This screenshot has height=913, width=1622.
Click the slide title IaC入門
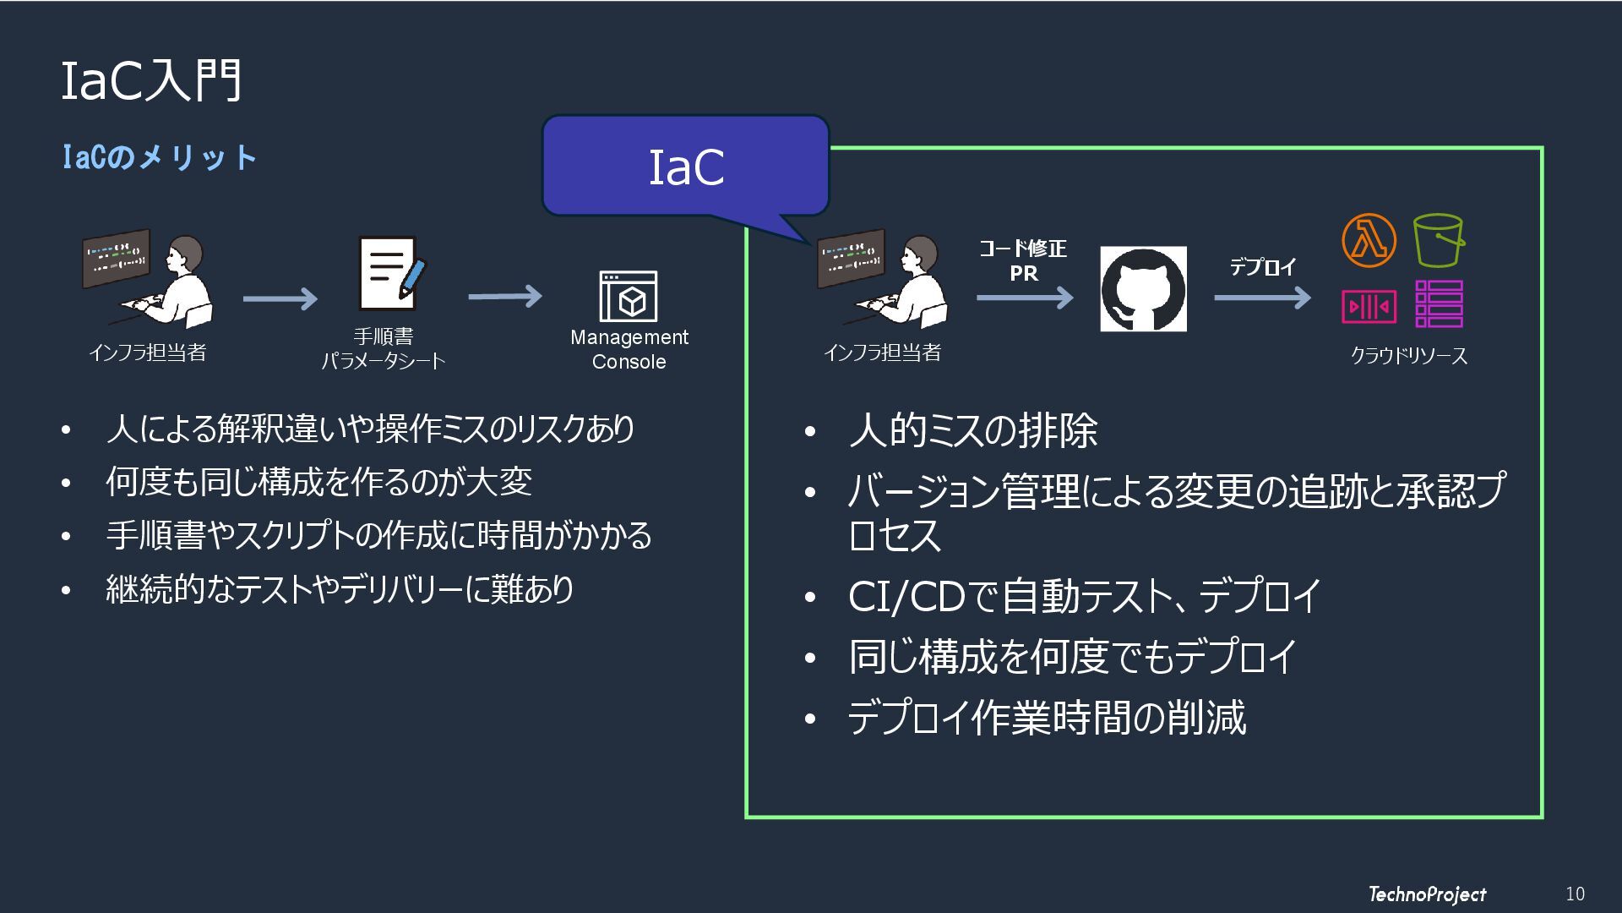152,82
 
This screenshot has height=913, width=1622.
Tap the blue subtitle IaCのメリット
160,157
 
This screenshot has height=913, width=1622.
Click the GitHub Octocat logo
1143,289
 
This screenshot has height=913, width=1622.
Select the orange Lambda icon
1369,240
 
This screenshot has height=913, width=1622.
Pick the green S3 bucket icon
1439,240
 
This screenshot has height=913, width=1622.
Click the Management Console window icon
629,297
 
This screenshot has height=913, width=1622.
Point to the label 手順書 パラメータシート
384,349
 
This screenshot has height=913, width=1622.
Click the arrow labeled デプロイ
1262,298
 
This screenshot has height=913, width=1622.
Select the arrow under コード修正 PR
1025,298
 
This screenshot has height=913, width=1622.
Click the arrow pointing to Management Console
505,297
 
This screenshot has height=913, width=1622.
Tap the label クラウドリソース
1408,356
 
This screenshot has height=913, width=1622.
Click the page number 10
1575,894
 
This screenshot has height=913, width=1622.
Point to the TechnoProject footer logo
1427,894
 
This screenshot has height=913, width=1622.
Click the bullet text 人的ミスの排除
973,430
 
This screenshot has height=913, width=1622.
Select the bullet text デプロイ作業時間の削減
1047,718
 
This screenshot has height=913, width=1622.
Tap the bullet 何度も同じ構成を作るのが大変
319,482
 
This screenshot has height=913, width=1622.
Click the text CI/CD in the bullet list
906,597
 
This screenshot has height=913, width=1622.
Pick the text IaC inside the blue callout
686,167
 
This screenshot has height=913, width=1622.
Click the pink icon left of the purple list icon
1369,306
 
